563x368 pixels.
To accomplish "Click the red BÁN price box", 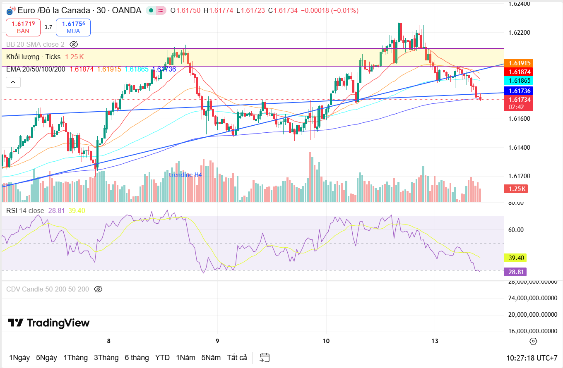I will click(23, 27).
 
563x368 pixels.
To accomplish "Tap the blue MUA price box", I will click(73, 27).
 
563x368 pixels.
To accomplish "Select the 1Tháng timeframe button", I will click(75, 358).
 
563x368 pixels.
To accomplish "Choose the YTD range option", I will click(162, 358).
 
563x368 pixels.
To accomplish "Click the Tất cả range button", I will click(237, 358).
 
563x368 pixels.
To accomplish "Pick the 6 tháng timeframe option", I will click(137, 358).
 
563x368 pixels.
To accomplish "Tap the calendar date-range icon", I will click(265, 358).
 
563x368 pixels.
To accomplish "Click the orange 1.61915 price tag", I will click(520, 63).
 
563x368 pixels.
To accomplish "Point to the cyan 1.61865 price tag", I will click(520, 81).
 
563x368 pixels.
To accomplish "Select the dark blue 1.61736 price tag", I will click(520, 91).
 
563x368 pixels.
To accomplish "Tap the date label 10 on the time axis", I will click(326, 341).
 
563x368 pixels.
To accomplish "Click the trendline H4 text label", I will click(185, 175).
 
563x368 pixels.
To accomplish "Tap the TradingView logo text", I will click(48, 323).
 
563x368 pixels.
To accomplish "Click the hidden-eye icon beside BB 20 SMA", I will click(74, 44).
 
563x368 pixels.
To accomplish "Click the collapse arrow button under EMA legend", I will click(13, 83).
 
